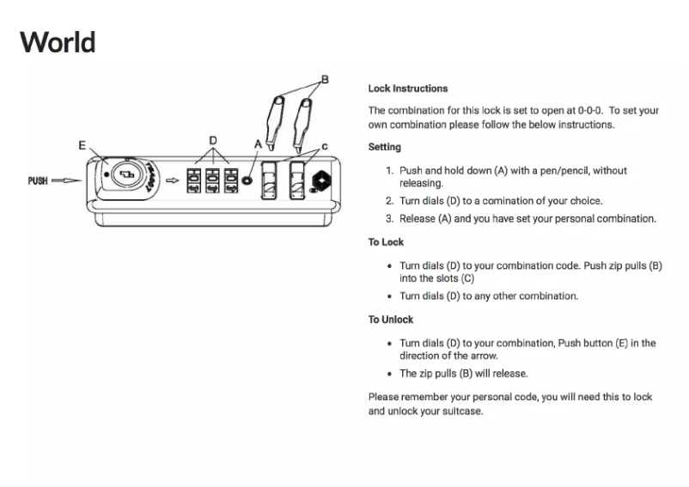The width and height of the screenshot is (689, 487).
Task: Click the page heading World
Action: click(x=57, y=41)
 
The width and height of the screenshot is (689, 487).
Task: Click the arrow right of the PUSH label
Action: click(x=64, y=181)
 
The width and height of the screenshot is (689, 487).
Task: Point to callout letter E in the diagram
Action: click(x=82, y=146)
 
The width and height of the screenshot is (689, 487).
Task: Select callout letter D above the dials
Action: click(x=212, y=140)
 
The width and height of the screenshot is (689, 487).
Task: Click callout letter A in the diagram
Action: click(x=257, y=146)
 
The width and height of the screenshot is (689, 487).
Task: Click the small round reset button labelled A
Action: click(x=248, y=183)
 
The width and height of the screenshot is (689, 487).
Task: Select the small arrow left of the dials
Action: click(x=173, y=182)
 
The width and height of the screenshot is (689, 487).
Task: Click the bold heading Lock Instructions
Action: click(x=407, y=88)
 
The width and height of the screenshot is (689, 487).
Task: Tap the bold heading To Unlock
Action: click(x=391, y=320)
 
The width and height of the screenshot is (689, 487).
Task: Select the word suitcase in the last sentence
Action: click(x=462, y=411)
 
